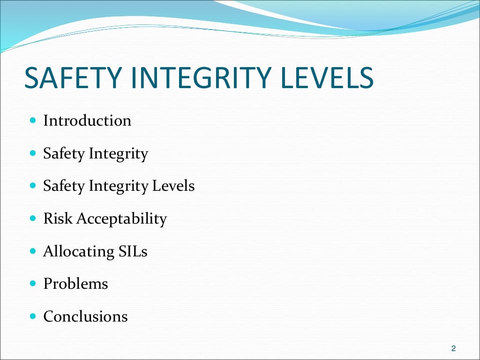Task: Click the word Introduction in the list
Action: (87, 121)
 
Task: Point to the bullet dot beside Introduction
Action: (32, 120)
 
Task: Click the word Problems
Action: (75, 284)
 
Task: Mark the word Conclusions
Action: (85, 317)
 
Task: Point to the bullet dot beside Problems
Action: (32, 284)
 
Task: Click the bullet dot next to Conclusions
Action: (32, 316)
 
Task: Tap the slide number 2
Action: (453, 348)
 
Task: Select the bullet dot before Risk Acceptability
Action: (32, 218)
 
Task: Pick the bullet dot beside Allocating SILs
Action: (32, 251)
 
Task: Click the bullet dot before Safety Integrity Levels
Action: (32, 186)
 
